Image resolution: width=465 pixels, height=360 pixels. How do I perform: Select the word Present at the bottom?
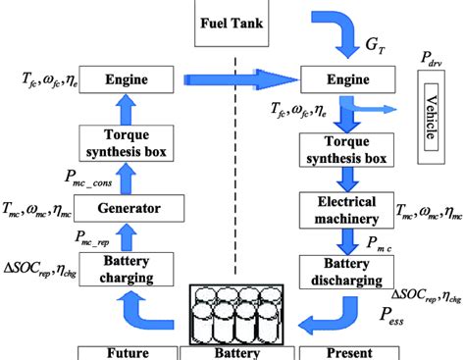click(345, 351)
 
